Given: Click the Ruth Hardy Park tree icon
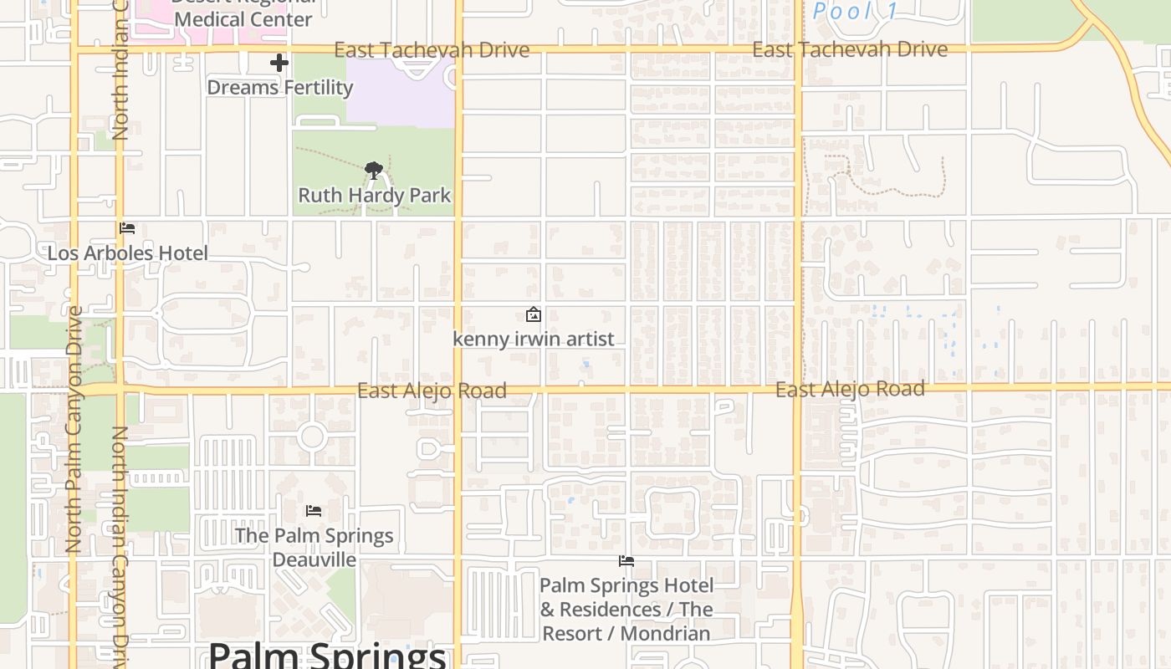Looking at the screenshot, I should coord(374,171).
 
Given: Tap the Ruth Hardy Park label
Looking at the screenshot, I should coord(375,196).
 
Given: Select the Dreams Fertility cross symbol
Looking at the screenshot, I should coord(279,63).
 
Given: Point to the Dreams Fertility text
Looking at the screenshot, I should coord(279,88).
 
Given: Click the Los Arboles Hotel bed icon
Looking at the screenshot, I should coord(127,228).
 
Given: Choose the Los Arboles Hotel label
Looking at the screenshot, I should coord(127,253).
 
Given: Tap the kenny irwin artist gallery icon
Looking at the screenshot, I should coord(533,314).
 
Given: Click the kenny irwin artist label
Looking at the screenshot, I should coord(534,340).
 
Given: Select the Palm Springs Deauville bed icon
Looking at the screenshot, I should coord(314,511).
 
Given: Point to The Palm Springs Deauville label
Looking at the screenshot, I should coord(314,548).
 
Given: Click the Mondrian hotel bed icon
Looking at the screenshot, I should coord(626,561).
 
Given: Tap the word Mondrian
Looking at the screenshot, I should coord(667,634).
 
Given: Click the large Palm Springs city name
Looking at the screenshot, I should coord(327,654).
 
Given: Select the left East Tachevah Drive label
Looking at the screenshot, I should coord(432,50).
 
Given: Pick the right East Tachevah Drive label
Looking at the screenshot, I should coord(850,49).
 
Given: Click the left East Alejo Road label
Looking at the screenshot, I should coord(432,391).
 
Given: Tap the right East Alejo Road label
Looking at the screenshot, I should coord(850,389).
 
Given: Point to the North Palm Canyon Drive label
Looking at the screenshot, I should coord(74,430).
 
